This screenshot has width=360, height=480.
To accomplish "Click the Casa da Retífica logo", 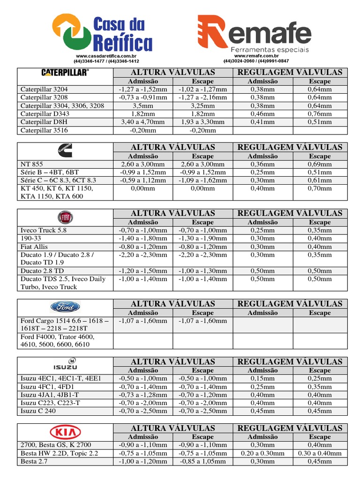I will [x=102, y=33].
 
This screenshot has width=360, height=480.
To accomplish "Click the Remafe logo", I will [x=254, y=34].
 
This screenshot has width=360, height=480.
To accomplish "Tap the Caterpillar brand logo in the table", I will [x=65, y=72].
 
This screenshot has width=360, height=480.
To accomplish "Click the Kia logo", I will [x=65, y=432].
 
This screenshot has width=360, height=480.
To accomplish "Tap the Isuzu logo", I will [x=65, y=364].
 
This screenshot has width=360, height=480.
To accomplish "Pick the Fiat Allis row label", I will [x=34, y=247].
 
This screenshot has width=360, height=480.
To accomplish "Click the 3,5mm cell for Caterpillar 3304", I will [x=143, y=105].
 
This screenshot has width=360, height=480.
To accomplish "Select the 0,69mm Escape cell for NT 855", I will [x=320, y=164].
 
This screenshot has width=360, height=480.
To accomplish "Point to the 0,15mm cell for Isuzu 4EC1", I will [x=262, y=378].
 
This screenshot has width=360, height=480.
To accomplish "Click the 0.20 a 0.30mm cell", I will [x=262, y=453].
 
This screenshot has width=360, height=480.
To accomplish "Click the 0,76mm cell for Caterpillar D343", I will [x=320, y=113].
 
